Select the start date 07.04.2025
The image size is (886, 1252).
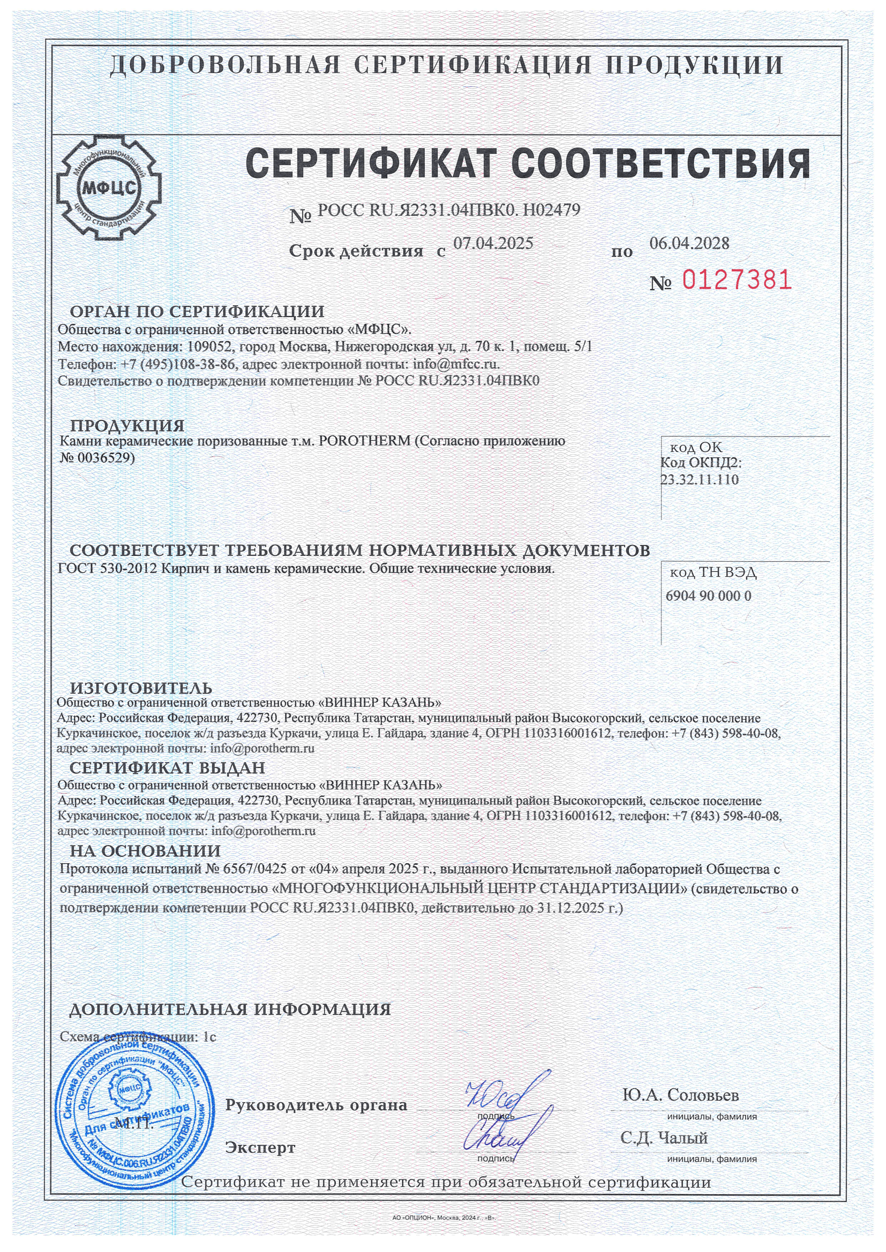(x=493, y=243)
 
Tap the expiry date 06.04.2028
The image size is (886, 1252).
(x=689, y=243)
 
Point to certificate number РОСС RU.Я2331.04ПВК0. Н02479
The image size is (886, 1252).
(x=448, y=210)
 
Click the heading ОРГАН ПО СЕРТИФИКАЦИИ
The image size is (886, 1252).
(x=197, y=312)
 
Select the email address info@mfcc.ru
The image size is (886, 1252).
(x=455, y=364)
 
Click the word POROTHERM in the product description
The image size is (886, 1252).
(x=364, y=441)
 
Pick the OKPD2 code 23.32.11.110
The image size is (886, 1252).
(x=700, y=480)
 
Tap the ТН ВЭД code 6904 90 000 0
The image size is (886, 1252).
(x=708, y=595)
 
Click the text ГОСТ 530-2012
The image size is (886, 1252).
(x=108, y=569)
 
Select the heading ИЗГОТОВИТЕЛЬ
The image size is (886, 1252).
(x=141, y=688)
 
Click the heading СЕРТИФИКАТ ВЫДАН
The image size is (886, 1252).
(x=167, y=768)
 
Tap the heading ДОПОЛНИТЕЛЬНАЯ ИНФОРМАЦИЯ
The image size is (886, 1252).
(x=230, y=1009)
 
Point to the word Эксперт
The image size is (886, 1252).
(x=260, y=1148)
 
